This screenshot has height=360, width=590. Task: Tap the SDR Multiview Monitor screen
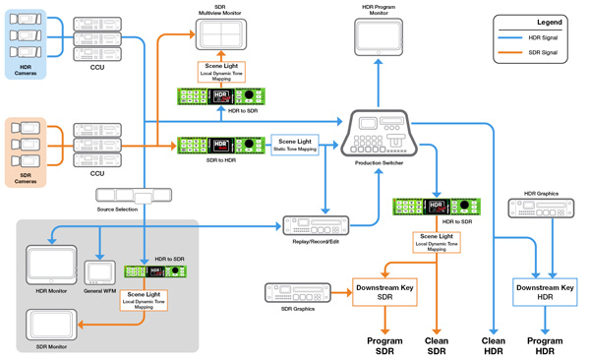226,34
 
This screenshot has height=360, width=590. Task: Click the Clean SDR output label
436,345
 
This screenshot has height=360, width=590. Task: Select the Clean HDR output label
493,345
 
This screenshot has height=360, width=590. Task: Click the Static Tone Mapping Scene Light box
295,145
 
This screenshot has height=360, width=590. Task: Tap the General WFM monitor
100,270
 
